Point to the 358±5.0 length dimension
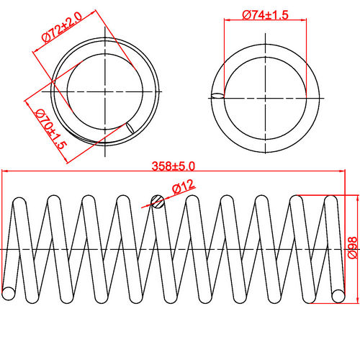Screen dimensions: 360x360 (174, 166)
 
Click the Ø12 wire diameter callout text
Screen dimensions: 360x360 (183, 188)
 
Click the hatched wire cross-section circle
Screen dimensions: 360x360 (158, 202)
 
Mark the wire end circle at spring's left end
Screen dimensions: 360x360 (9, 293)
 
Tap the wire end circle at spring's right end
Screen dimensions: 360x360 (338, 294)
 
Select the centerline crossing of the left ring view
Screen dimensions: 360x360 (106, 92)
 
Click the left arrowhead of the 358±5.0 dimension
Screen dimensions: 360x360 (6, 171)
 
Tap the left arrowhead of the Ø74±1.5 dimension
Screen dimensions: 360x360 (228, 21)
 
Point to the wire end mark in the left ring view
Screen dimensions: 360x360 (130, 128)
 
